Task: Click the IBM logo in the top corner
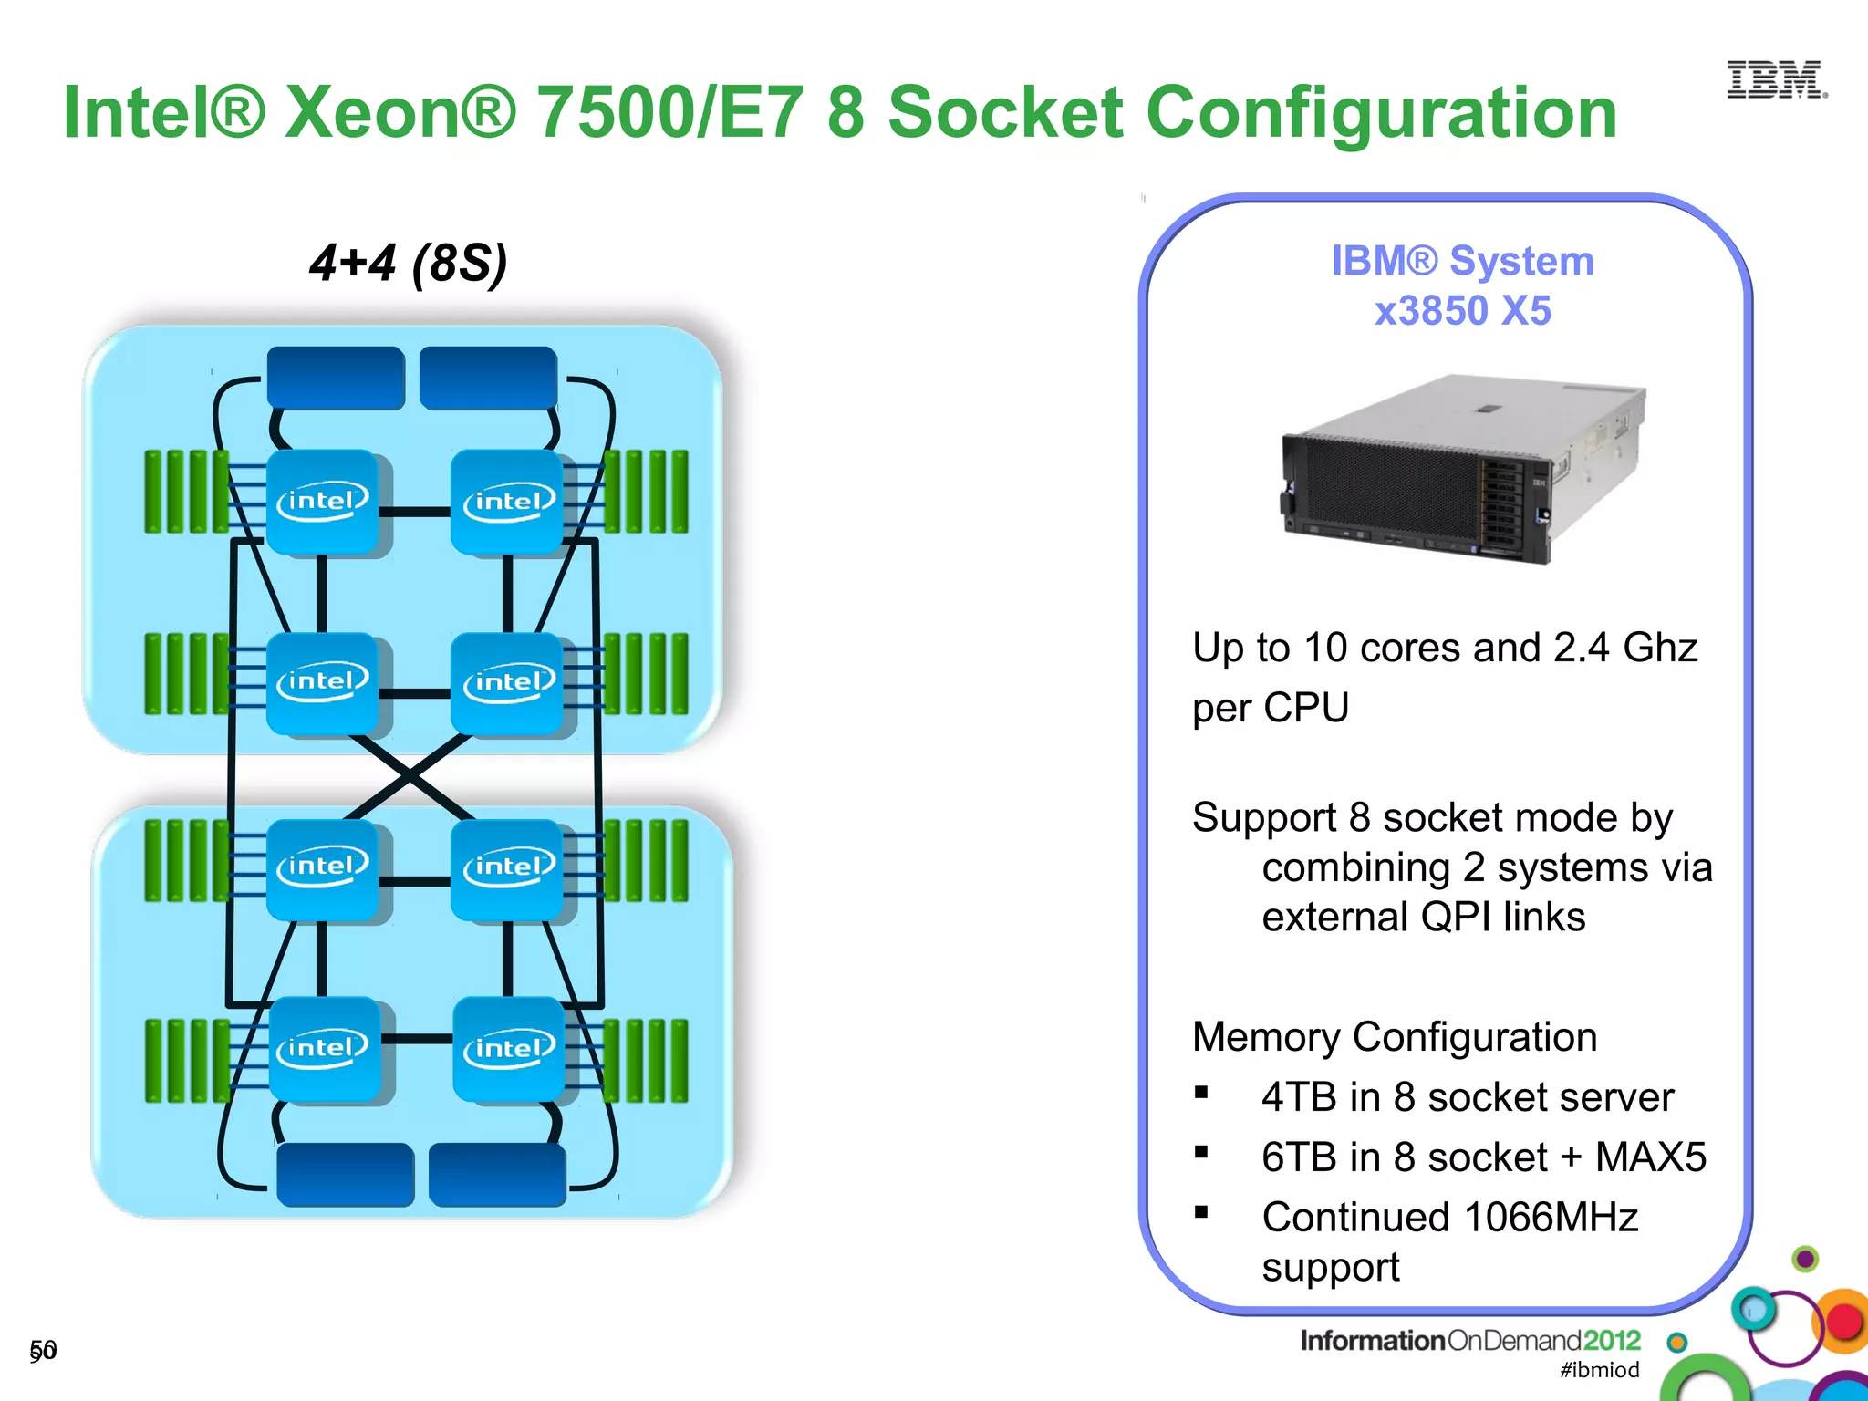coord(1775,80)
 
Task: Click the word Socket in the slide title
coord(1005,112)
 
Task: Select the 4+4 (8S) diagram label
coord(408,264)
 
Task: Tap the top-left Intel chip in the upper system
coord(323,501)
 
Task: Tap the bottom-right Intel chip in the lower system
coord(509,1048)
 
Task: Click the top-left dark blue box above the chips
coord(336,377)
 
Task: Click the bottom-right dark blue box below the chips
coord(497,1174)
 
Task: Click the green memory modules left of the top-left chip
coord(186,492)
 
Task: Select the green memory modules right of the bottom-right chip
coord(647,1061)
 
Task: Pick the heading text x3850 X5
coord(1462,311)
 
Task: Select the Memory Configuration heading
coord(1394,1037)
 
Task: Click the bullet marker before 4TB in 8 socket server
coord(1201,1092)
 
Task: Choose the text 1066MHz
coord(1551,1218)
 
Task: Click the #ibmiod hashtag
coord(1599,1369)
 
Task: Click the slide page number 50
coord(43,1350)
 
